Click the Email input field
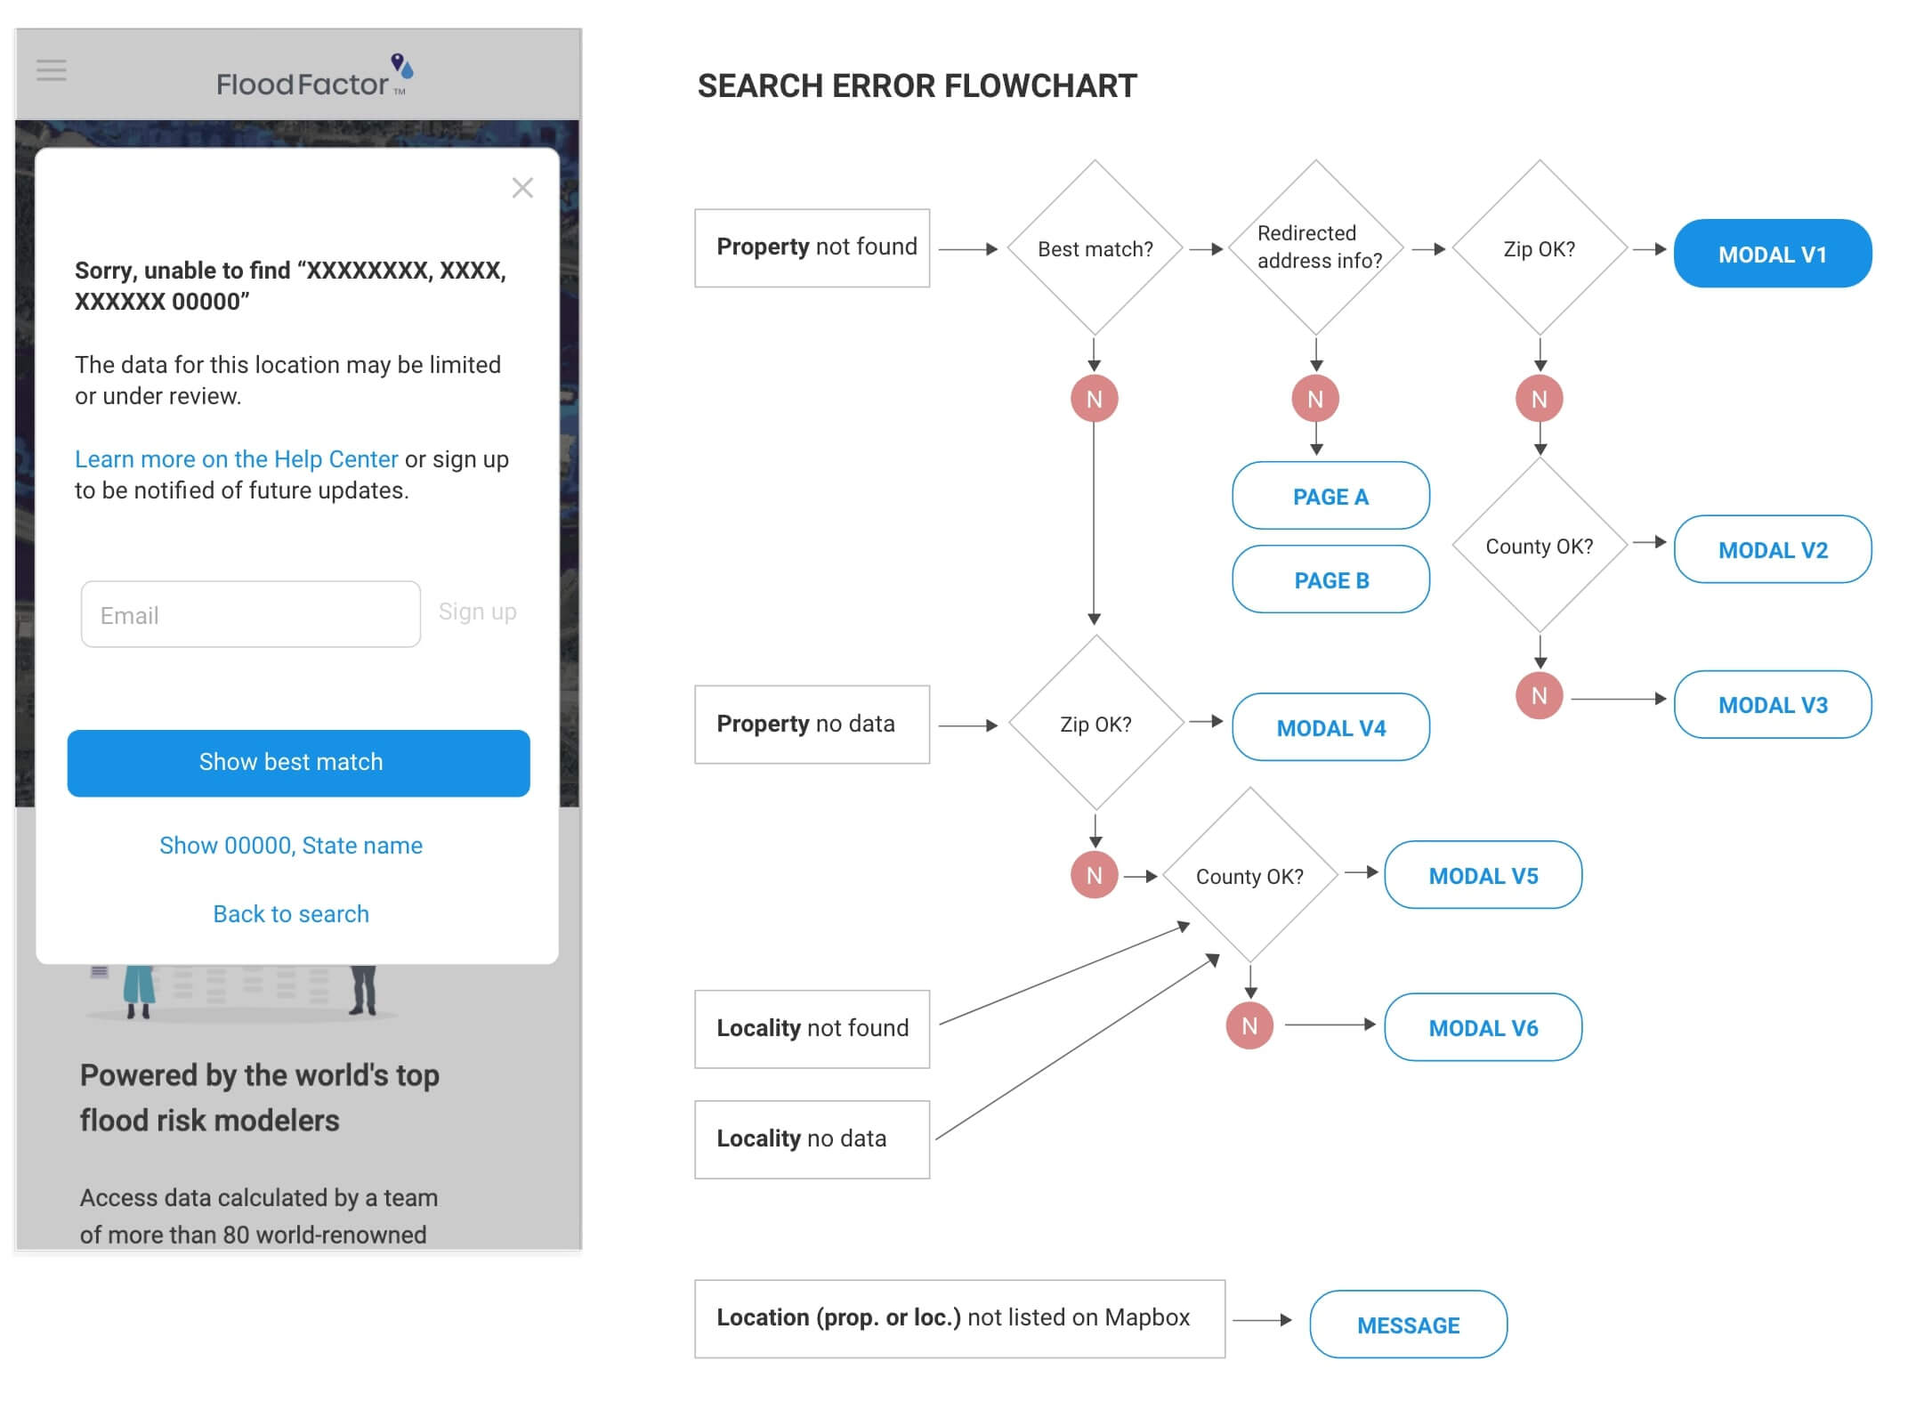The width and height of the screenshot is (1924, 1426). point(250,614)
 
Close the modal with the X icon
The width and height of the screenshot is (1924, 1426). point(522,188)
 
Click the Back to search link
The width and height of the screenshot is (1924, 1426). point(291,914)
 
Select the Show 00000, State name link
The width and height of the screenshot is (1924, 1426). point(291,846)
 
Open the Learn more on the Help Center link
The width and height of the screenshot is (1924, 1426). point(236,459)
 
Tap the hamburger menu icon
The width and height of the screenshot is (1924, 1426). point(52,70)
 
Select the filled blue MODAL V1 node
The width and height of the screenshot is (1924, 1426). point(1772,254)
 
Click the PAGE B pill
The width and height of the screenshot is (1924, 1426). point(1330,579)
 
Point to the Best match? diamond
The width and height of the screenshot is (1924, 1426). point(1095,248)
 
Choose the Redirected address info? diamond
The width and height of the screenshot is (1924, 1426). point(1316,247)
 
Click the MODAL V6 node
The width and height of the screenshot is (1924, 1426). point(1483,1027)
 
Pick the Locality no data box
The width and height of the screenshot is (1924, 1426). point(812,1139)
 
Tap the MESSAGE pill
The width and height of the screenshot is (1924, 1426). point(1408,1325)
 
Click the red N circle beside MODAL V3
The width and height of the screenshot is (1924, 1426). point(1539,696)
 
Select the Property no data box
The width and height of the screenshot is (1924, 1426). point(812,724)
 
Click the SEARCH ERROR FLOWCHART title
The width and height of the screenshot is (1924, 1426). point(917,86)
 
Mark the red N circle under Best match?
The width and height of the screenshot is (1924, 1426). point(1094,399)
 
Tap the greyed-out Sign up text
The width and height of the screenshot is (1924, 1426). point(477,612)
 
